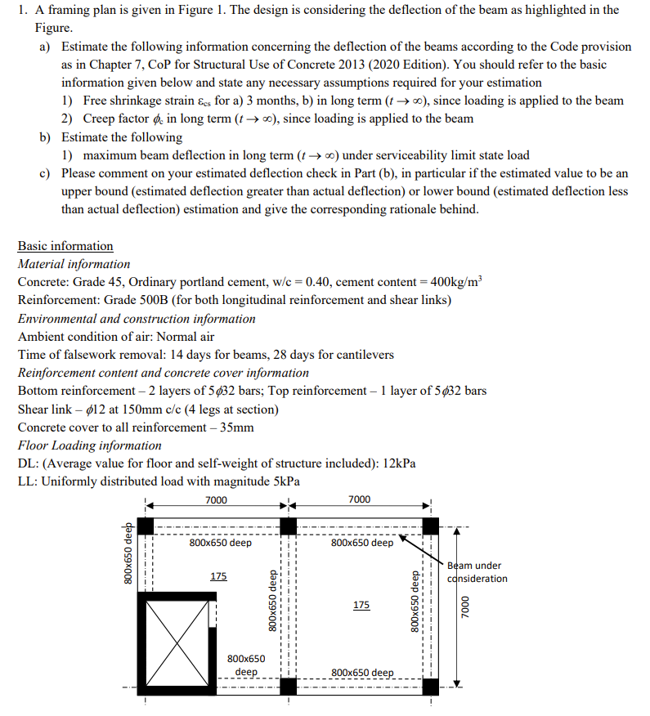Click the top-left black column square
146,526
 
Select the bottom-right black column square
430,687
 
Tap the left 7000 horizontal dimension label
216,500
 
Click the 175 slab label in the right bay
361,605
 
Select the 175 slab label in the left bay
218,576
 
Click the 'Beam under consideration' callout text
477,572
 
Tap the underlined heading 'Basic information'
65,246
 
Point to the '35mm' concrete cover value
237,427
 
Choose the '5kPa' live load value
282,481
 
